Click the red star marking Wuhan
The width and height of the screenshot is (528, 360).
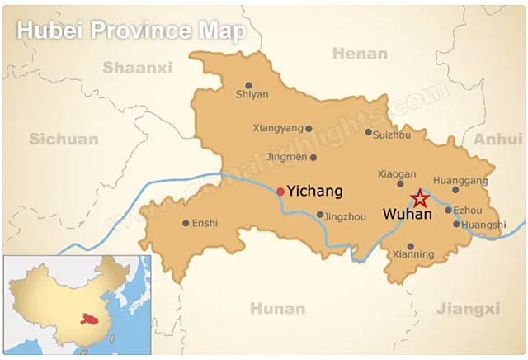click(x=420, y=198)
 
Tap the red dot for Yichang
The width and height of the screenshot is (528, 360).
click(x=280, y=192)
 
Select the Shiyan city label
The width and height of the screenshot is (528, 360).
click(x=252, y=94)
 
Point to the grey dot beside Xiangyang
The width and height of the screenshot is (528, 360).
click(x=309, y=129)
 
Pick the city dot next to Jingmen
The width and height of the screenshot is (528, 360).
click(x=313, y=157)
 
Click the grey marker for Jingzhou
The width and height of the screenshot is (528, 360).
click(x=320, y=215)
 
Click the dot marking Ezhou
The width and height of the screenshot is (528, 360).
click(x=449, y=210)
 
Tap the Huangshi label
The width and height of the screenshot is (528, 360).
click(x=484, y=225)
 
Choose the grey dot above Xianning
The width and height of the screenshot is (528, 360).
click(x=410, y=245)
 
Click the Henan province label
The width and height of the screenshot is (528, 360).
click(x=360, y=54)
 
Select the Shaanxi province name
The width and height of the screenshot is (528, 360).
click(x=137, y=67)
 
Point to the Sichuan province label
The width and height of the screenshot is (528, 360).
click(x=64, y=139)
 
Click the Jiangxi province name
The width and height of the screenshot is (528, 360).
click(x=468, y=309)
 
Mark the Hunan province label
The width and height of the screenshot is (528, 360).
click(x=278, y=309)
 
